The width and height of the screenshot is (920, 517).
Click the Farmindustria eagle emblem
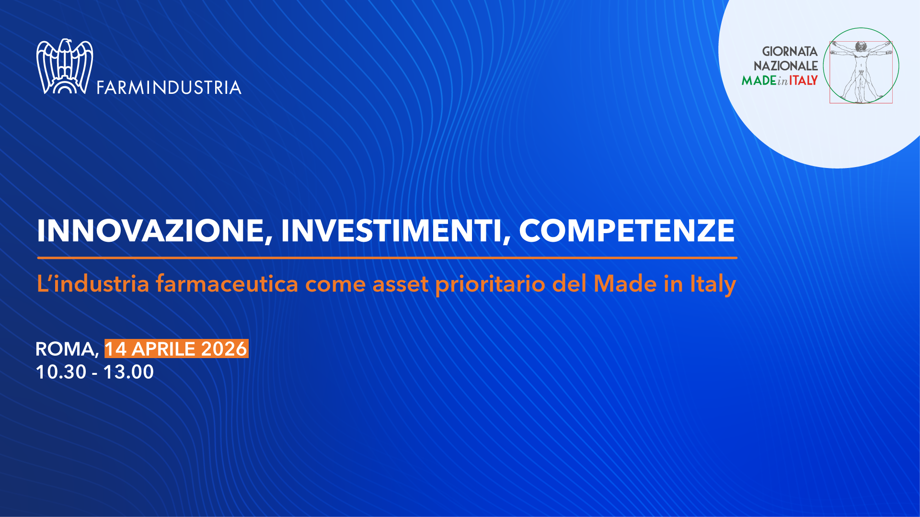[65, 67]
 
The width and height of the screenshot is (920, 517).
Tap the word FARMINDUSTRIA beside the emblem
[169, 88]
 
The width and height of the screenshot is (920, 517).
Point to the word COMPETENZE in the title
[627, 231]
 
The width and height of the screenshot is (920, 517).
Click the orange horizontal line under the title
[387, 258]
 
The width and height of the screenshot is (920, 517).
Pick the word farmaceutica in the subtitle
[227, 283]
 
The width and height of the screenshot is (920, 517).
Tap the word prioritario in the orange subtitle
[490, 284]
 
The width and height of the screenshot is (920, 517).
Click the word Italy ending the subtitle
[713, 284]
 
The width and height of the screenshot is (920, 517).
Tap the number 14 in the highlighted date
[116, 349]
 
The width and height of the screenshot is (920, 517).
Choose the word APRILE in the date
[164, 349]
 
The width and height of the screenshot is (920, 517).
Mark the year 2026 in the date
[224, 349]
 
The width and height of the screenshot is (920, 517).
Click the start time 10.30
[61, 372]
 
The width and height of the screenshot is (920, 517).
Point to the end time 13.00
[128, 372]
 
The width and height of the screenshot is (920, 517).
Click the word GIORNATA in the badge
[790, 51]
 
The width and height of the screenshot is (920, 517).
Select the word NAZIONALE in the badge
[786, 66]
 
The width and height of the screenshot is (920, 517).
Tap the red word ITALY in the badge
[804, 80]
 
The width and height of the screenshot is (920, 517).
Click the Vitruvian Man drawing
[861, 72]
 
